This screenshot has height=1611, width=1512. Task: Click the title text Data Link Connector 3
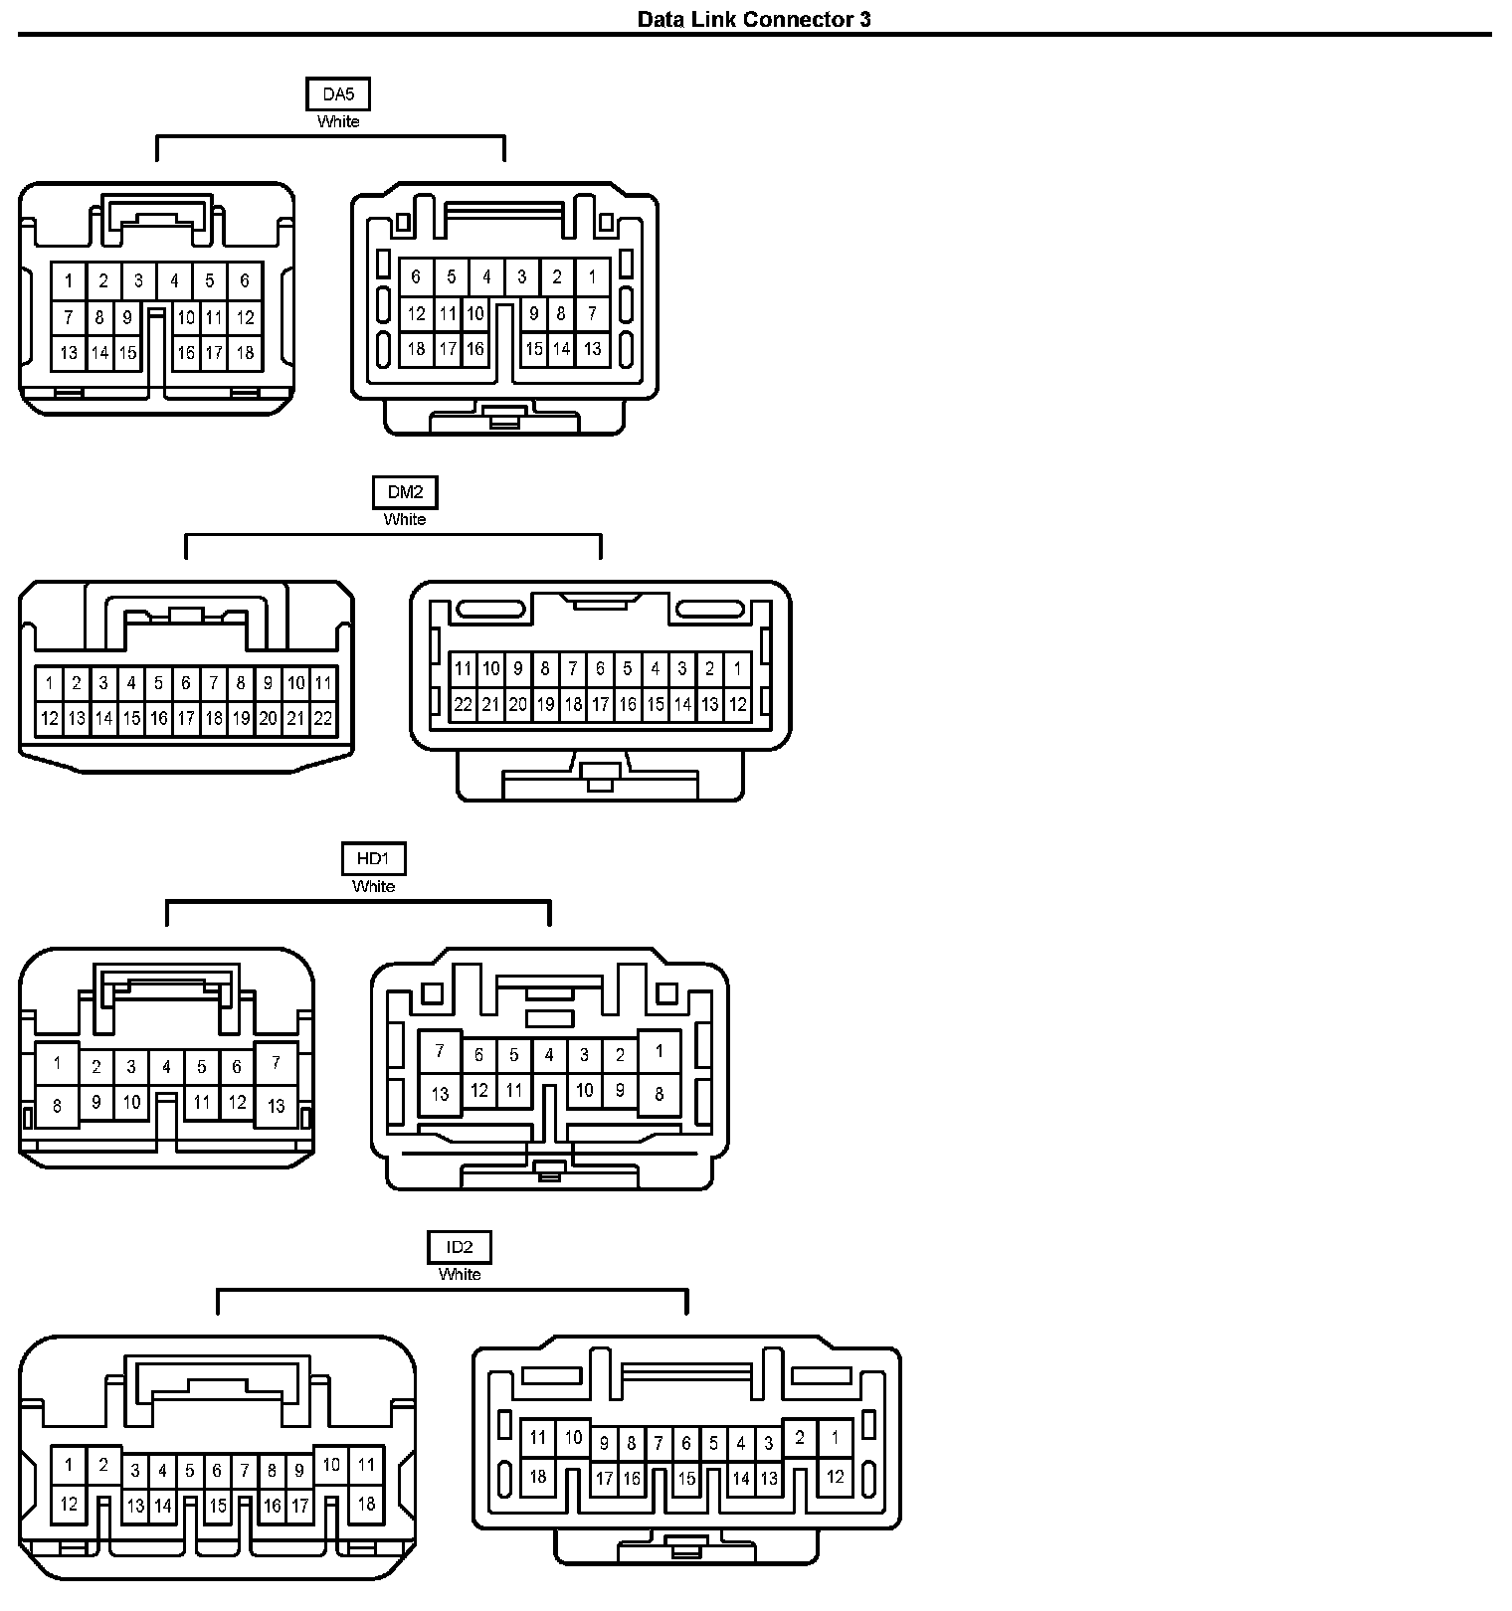(754, 19)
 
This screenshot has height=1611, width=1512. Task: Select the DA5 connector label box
(338, 94)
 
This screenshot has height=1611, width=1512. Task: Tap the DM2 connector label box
(405, 492)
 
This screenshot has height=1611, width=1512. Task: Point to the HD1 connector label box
(373, 858)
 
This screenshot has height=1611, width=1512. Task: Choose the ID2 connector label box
(460, 1247)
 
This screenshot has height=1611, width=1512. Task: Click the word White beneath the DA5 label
(338, 121)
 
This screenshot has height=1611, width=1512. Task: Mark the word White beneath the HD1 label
(373, 886)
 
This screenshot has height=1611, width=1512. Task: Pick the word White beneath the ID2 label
(460, 1274)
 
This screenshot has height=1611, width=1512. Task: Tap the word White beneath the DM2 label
(405, 519)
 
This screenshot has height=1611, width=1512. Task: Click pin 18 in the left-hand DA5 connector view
(245, 352)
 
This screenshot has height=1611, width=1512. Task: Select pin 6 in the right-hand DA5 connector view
(416, 276)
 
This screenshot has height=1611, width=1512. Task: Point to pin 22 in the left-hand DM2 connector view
(322, 718)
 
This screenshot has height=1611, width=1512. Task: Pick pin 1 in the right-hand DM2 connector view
(737, 668)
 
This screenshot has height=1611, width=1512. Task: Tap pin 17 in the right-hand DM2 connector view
(600, 704)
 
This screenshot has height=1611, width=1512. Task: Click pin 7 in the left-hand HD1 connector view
(276, 1063)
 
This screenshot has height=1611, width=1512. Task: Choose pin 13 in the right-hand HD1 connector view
(440, 1094)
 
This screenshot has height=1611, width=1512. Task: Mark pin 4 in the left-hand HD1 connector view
(166, 1067)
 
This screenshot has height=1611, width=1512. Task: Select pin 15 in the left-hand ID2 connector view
(218, 1506)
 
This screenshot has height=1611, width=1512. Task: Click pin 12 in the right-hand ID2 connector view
(835, 1476)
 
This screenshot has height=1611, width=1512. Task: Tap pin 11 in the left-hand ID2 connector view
(366, 1464)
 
